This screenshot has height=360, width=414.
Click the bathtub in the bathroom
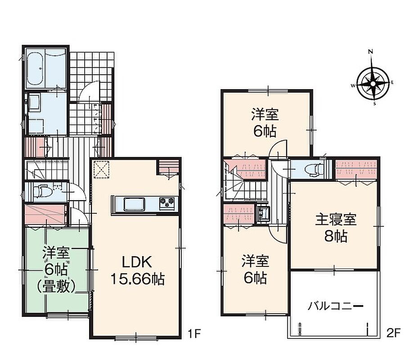[x=35, y=68]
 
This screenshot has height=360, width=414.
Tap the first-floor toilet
[x=42, y=191]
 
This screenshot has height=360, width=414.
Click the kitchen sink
[x=135, y=204]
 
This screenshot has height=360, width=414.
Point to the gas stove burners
[x=167, y=204]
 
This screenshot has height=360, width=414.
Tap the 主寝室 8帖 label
[x=336, y=228]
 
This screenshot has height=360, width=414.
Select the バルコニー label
[x=336, y=306]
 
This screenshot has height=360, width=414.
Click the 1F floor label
[x=194, y=333]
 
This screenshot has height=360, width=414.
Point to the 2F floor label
[x=394, y=333]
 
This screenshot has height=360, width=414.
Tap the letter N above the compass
[x=370, y=51]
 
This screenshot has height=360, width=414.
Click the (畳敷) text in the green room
[x=57, y=286]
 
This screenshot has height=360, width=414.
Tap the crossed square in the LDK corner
[x=102, y=169]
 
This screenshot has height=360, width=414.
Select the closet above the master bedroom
[x=355, y=169]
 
